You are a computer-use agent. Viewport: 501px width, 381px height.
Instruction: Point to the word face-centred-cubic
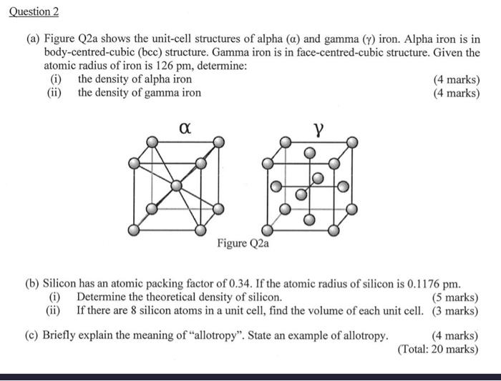pos(344,53)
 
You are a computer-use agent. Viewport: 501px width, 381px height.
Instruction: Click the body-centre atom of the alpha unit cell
pos(175,187)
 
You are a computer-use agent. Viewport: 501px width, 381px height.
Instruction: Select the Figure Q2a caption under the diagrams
pos(243,243)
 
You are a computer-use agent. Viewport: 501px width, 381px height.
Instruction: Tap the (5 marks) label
pos(456,297)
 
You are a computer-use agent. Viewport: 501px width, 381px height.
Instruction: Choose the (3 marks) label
pos(456,310)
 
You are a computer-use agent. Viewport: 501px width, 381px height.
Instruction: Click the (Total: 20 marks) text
pos(438,349)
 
